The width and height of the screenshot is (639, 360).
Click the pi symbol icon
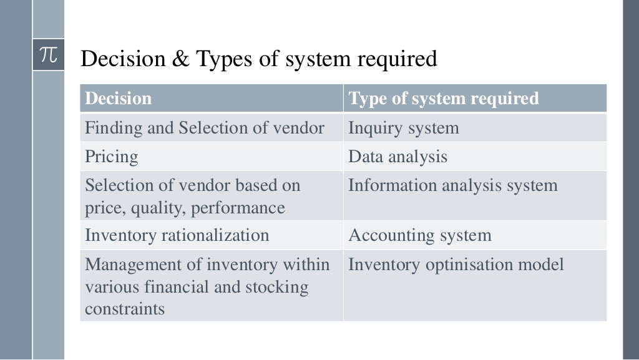coord(48,55)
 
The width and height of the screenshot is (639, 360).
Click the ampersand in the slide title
coord(180,59)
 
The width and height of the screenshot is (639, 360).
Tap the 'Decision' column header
coord(119,99)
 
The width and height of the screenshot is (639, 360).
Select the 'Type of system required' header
coord(443,99)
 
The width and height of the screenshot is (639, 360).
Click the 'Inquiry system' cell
coord(403,128)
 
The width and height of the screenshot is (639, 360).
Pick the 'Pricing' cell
coord(112,156)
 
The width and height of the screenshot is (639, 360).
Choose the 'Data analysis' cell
coord(398,156)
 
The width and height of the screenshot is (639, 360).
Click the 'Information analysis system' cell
coord(452,185)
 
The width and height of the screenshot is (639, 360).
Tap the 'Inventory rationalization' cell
coord(177,235)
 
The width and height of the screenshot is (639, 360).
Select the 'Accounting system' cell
coord(419,235)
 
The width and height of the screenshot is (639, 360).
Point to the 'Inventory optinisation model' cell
coord(456,265)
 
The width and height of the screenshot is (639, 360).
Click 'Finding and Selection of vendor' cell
coord(205,128)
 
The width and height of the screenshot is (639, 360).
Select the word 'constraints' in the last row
coord(125,309)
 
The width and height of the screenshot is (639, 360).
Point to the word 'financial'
coord(178,288)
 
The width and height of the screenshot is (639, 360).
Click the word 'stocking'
coord(278,288)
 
